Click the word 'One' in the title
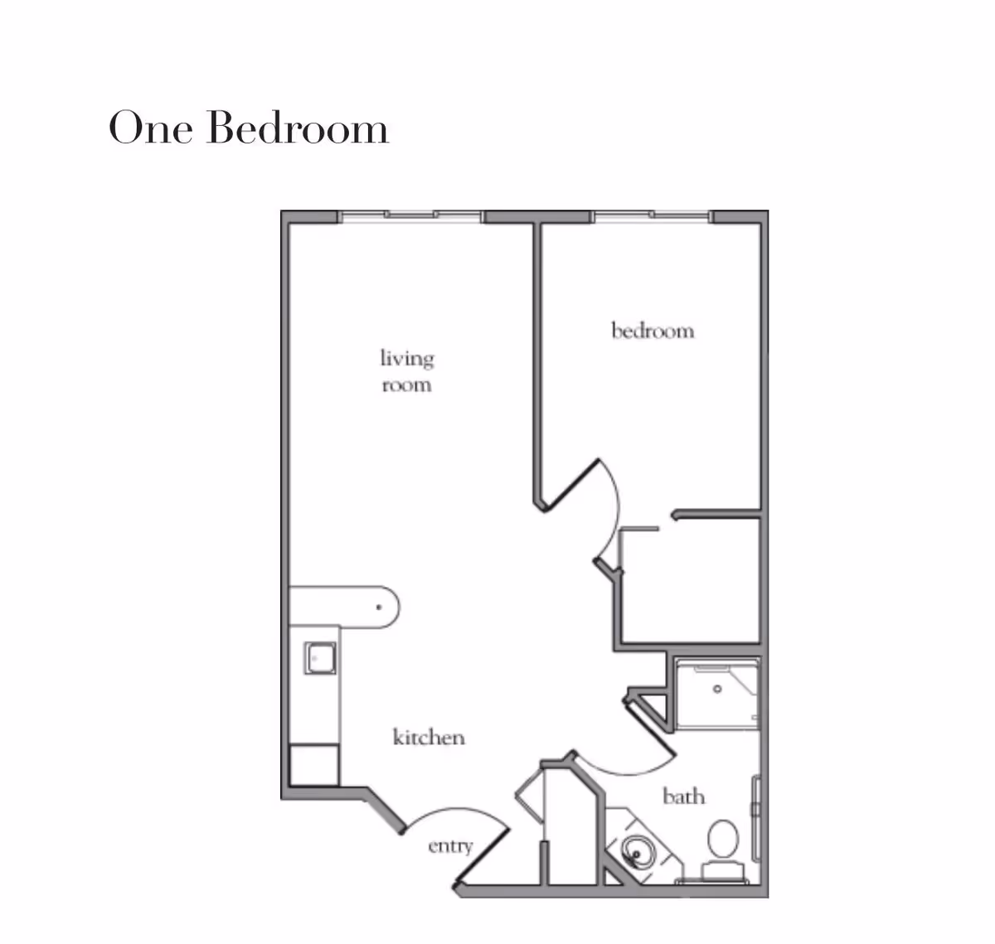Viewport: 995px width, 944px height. (150, 128)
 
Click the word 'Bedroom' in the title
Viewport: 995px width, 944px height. (297, 127)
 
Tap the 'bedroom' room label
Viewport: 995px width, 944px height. (653, 331)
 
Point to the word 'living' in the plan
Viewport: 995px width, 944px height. (407, 359)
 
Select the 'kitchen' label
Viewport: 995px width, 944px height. (429, 737)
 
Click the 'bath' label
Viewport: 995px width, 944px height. (684, 796)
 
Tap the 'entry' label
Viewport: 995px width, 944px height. (450, 846)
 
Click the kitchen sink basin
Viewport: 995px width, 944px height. (320, 658)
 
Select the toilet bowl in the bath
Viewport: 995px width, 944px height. (723, 839)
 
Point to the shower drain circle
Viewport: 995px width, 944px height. (717, 689)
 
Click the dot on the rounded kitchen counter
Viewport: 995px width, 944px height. (379, 607)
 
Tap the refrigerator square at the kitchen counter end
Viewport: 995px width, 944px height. (313, 765)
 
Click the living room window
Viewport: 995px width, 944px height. (410, 216)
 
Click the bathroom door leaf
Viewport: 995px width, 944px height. (651, 729)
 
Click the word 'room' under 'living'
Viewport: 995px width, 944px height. (407, 385)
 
